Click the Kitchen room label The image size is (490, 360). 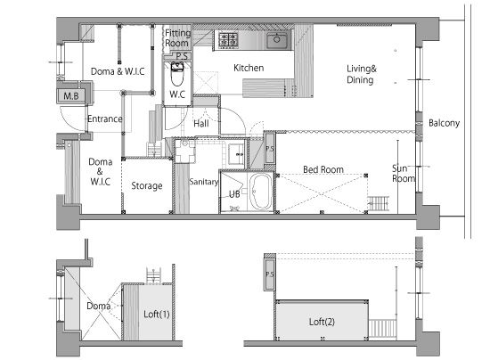[249, 68]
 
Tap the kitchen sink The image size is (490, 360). [277, 40]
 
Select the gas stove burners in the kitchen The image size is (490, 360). [228, 40]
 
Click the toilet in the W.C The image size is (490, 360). [177, 74]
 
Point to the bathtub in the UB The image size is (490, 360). [260, 192]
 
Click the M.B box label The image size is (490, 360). [71, 95]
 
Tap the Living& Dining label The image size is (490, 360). [362, 74]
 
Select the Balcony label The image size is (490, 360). [444, 123]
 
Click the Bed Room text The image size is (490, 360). [323, 169]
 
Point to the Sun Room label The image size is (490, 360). [404, 173]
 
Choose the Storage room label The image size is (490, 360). [147, 185]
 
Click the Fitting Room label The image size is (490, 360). [177, 37]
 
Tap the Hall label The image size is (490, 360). [201, 124]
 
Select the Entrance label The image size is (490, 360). [105, 119]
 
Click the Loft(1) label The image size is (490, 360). [157, 314]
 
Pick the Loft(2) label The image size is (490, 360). [322, 322]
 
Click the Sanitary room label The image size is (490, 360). [203, 182]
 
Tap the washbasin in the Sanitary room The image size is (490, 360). [235, 154]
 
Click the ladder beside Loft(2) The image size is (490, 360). [382, 329]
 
